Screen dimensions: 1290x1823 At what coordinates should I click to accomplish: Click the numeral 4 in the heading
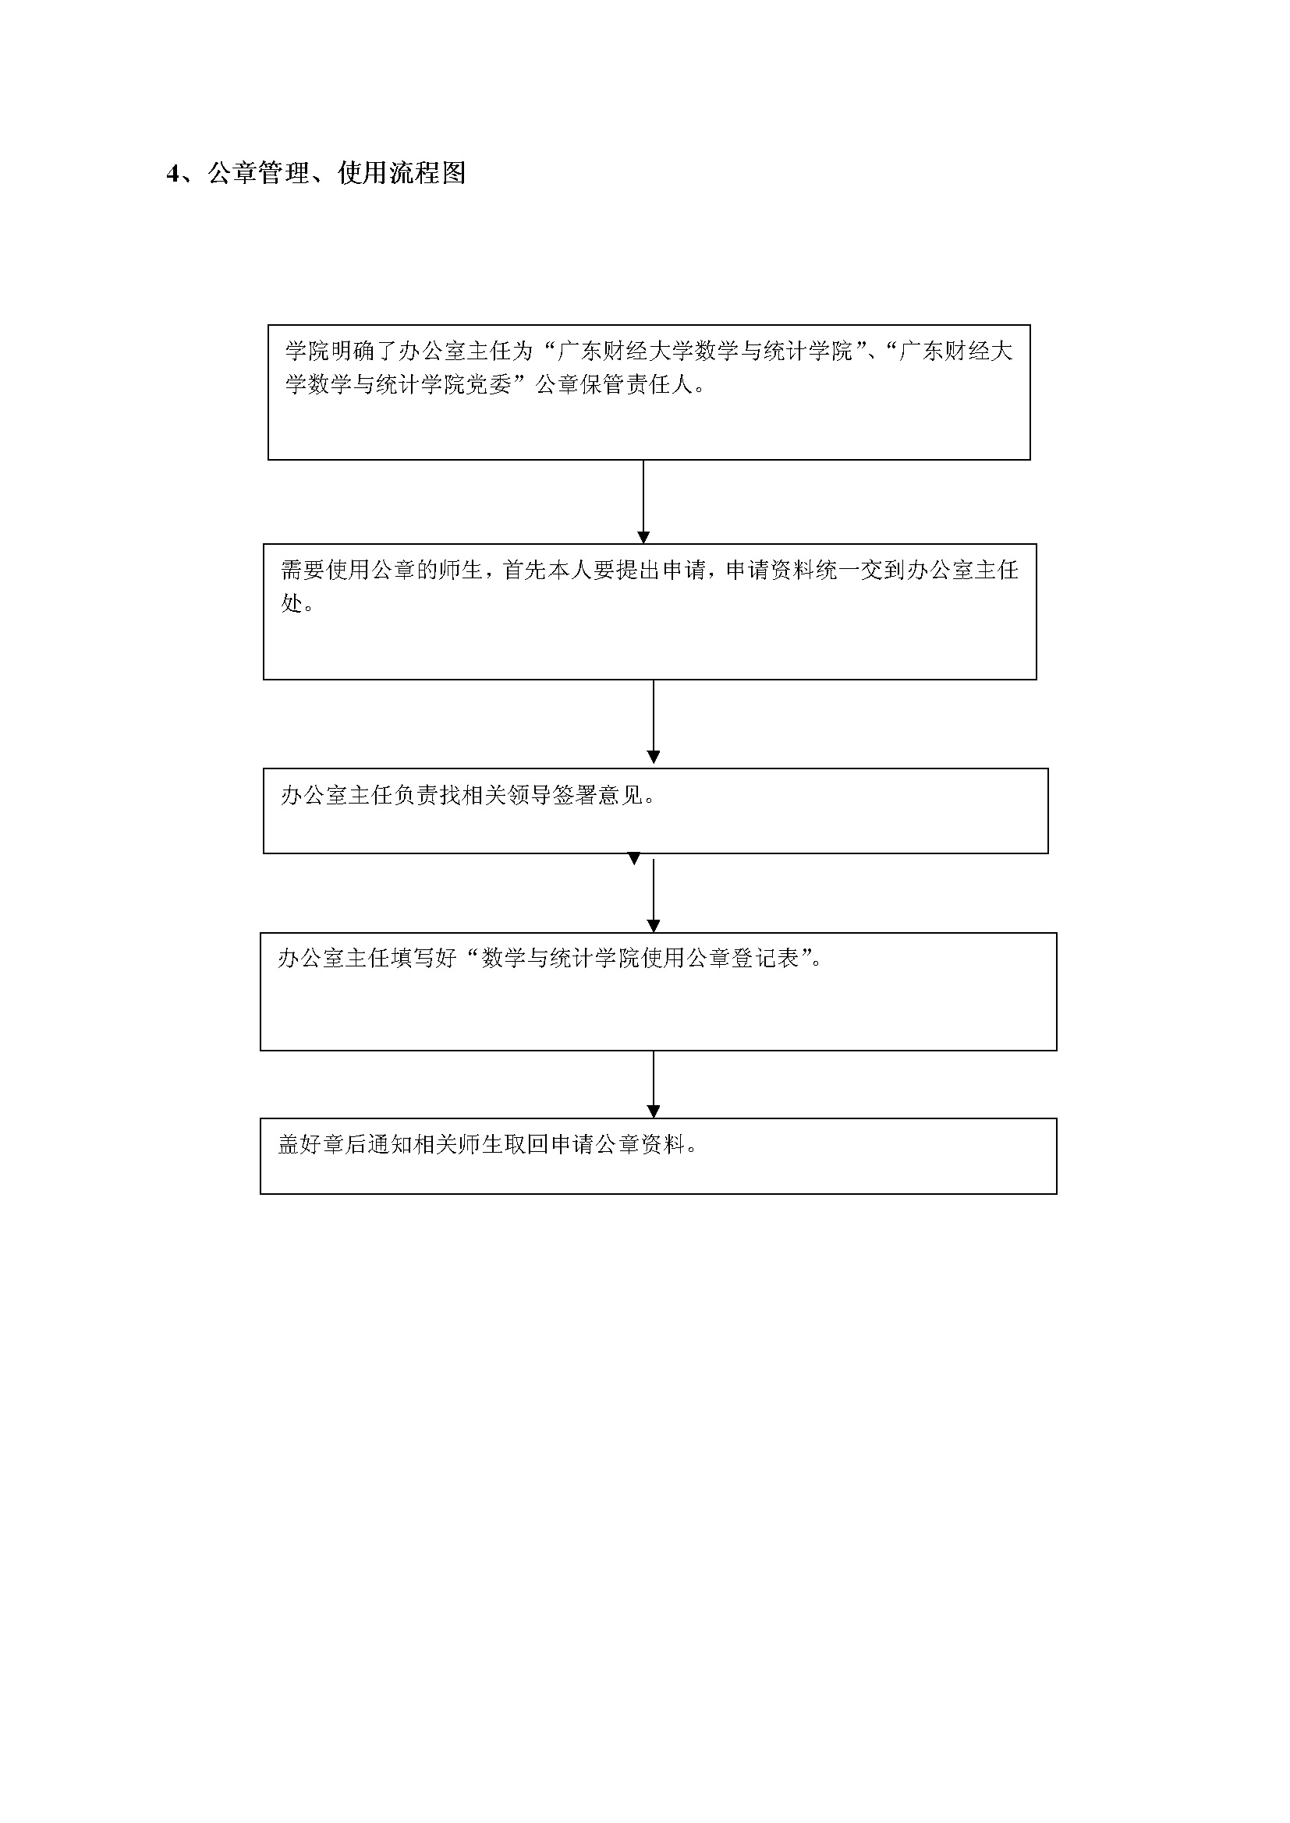[x=173, y=174]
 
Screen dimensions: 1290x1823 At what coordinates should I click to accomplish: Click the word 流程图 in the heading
[x=427, y=173]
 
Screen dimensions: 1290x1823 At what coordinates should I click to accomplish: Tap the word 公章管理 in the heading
[x=258, y=173]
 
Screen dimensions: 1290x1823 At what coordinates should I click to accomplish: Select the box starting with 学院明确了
[x=649, y=392]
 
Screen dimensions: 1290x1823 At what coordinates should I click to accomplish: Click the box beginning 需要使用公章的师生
[x=650, y=611]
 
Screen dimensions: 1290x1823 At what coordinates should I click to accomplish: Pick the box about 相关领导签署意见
[x=655, y=811]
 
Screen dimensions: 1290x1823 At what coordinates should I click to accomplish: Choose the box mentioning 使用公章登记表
[x=658, y=991]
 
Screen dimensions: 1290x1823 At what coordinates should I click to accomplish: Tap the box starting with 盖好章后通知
[x=658, y=1156]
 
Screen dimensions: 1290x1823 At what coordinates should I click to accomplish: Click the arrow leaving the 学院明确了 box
[x=643, y=502]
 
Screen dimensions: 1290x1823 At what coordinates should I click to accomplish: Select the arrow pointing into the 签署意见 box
[x=654, y=722]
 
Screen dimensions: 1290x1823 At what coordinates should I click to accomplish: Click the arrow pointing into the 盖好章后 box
[x=654, y=1085]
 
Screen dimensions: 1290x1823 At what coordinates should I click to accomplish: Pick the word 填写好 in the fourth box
[x=424, y=959]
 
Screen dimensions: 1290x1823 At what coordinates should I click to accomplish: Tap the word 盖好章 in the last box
[x=311, y=1144]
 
